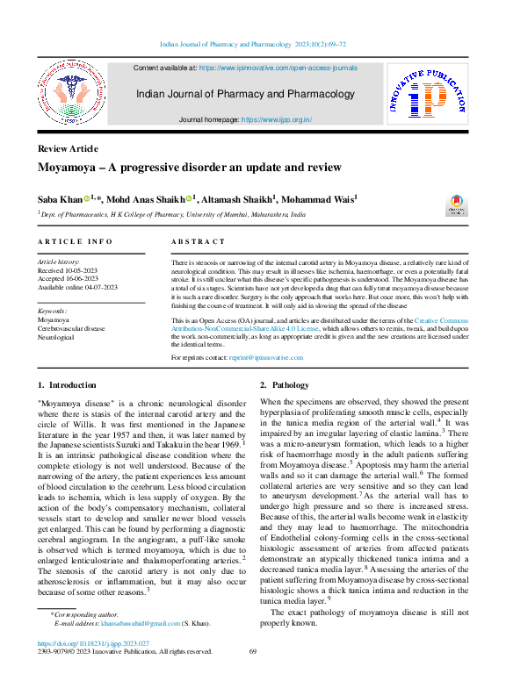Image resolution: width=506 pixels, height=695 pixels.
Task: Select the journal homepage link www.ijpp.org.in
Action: pyautogui.click(x=276, y=119)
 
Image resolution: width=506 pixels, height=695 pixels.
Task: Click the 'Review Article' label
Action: pyautogui.click(x=68, y=148)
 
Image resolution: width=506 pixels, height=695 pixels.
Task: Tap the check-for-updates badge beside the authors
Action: pyautogui.click(x=457, y=205)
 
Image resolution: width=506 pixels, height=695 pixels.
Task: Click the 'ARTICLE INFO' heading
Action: pyautogui.click(x=75, y=241)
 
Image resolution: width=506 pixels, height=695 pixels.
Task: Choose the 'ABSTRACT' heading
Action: pyautogui.click(x=198, y=241)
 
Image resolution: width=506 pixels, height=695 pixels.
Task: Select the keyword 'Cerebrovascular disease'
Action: pyautogui.click(x=71, y=328)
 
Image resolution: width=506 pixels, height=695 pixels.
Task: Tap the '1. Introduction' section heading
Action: pyautogui.click(x=68, y=385)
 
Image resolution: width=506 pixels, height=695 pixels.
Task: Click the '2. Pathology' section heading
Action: pyautogui.click(x=285, y=385)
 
